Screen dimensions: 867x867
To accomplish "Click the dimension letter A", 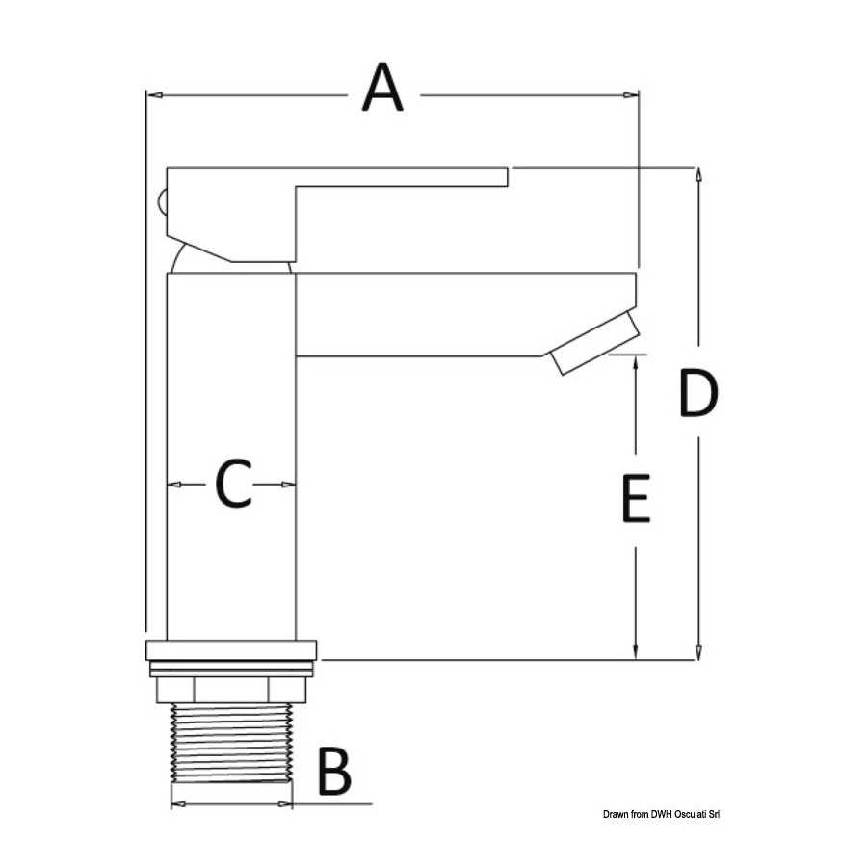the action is coord(382,88).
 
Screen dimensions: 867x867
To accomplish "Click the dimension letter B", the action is coord(334,771).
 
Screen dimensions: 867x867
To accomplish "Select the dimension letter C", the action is coord(233,484).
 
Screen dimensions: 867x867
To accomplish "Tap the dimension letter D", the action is coord(698,393).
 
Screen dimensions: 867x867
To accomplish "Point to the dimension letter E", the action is coord(636,498).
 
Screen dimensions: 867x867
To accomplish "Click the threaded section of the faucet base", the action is coord(231,743).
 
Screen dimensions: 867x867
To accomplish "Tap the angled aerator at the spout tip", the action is coord(596,343).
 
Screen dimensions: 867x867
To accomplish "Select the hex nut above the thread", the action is coord(231,690).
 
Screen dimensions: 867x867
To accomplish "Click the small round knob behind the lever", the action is coord(162,202).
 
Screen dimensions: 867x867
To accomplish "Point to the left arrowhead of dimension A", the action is coord(155,95).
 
